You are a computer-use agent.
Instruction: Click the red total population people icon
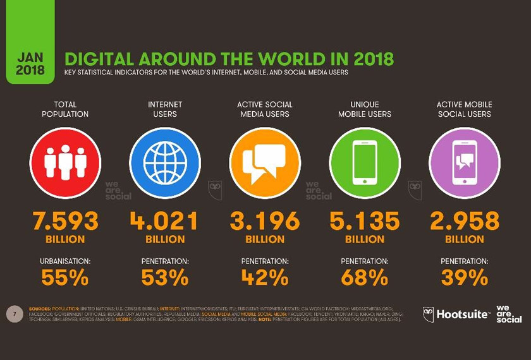pos(65,162)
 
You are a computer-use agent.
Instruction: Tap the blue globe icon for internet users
pos(165,162)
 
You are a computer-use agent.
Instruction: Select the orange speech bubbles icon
pos(265,162)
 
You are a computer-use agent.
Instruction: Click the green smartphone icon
pos(365,162)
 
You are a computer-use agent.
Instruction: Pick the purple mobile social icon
pos(465,162)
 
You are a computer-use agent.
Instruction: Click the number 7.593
pos(65,221)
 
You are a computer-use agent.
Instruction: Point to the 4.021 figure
pos(165,221)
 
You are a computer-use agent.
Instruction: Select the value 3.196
pos(265,221)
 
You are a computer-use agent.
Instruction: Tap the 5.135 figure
pos(365,221)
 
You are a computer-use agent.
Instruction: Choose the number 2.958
pos(465,221)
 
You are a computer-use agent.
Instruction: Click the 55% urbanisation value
pos(65,277)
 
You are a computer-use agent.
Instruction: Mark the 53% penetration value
pos(165,277)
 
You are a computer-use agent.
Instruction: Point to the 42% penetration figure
pos(265,277)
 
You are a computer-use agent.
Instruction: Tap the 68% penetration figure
pos(365,277)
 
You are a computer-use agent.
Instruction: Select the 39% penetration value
pos(465,277)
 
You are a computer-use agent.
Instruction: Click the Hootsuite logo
pos(456,313)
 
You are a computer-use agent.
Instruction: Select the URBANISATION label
pos(65,261)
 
